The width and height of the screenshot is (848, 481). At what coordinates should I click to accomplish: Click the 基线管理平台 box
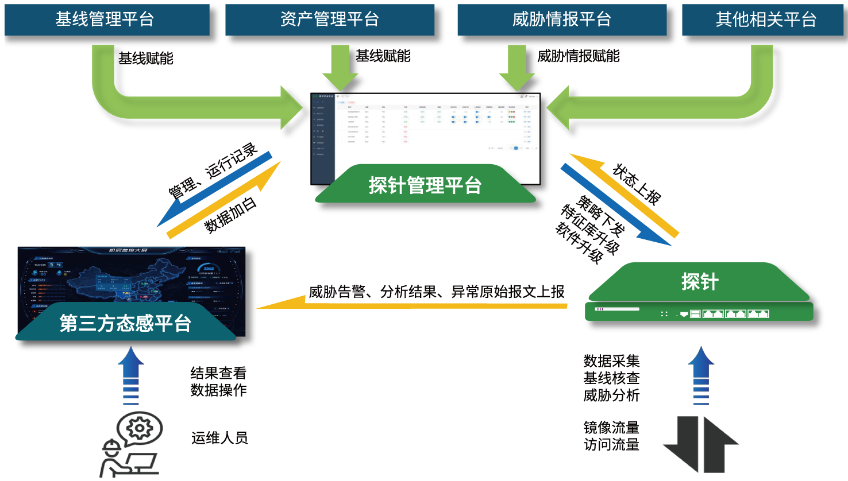(107, 20)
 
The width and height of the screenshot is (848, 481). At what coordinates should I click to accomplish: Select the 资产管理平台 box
(329, 20)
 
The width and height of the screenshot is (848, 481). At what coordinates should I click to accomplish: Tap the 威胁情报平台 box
(561, 20)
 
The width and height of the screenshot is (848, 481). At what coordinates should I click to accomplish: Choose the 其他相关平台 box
(765, 20)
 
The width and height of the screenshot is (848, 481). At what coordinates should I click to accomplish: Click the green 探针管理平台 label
(425, 185)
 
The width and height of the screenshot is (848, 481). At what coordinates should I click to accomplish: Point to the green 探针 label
(699, 282)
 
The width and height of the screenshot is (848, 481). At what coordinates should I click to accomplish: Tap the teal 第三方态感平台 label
(125, 324)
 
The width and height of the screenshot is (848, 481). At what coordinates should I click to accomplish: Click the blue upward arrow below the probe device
(701, 376)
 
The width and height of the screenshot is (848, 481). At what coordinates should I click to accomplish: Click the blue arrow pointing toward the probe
(615, 204)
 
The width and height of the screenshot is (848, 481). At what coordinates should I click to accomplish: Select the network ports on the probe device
(730, 314)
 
